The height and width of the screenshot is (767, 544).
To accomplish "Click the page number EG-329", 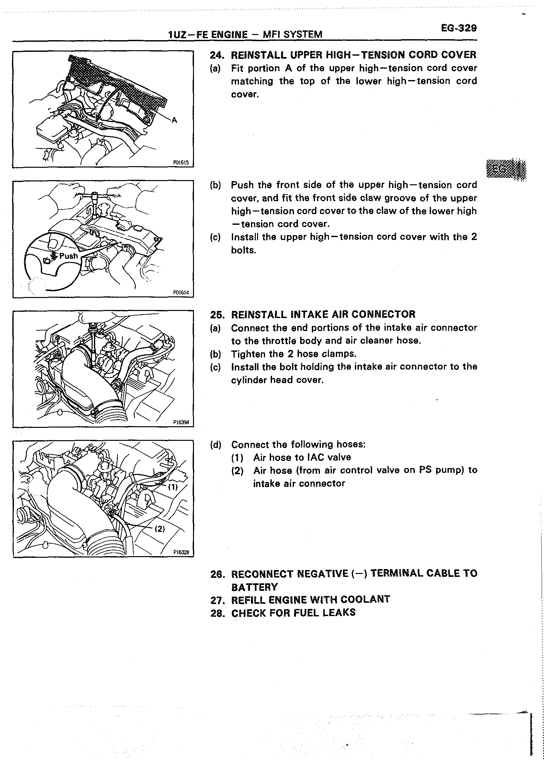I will click(459, 28).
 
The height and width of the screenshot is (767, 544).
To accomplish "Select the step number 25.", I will click(216, 315).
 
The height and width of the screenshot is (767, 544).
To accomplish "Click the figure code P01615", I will click(181, 163).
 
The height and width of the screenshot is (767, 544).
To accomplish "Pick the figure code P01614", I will click(181, 292).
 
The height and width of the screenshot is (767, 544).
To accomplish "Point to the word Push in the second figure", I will click(68, 256).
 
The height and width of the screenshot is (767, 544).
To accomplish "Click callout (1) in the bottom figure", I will click(173, 487).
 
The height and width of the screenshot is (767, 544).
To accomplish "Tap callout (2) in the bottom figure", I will click(160, 529).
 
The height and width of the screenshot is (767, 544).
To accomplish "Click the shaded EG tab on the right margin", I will click(505, 169).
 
